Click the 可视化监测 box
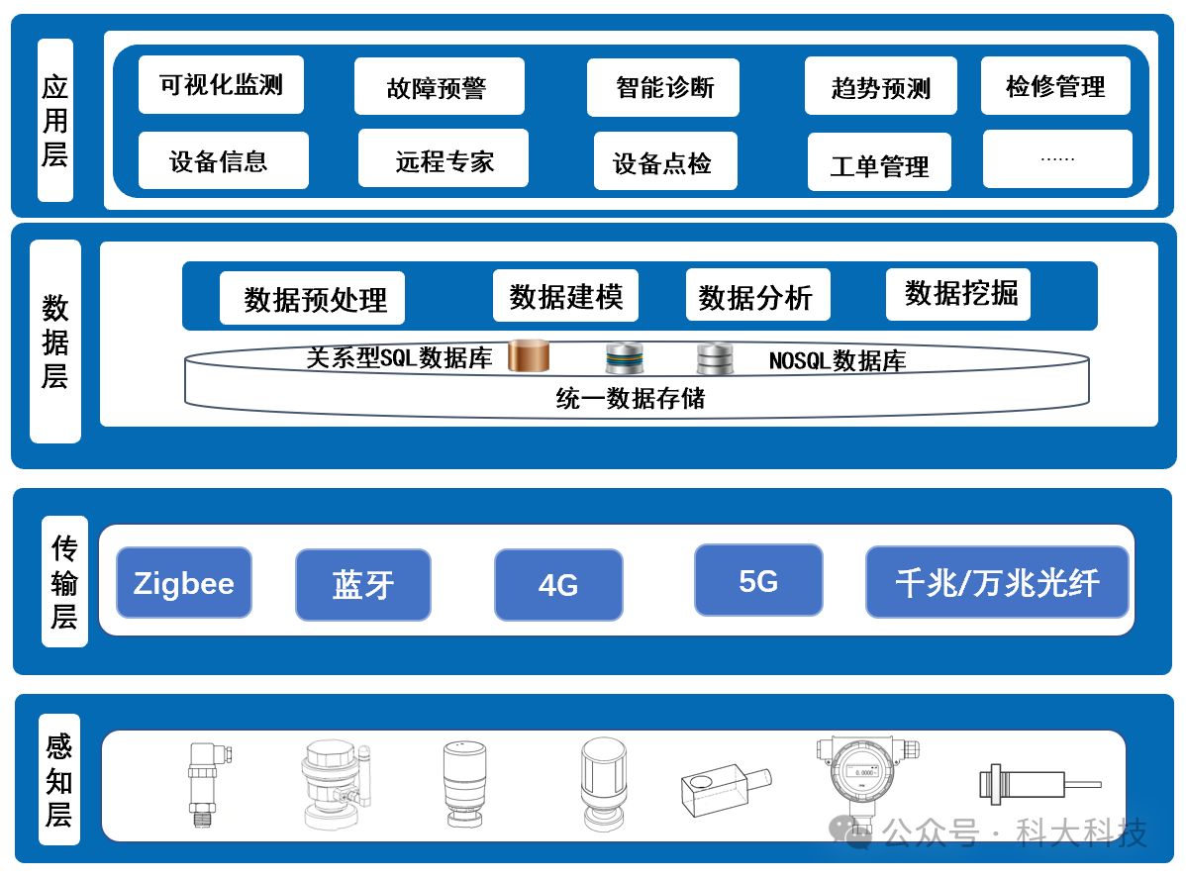point(221,85)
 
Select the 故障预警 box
point(440,86)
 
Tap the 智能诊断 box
point(663,88)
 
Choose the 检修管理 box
point(1056,86)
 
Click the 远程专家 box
point(444,158)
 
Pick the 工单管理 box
point(879,161)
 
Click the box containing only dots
point(1057,158)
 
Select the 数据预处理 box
point(313,298)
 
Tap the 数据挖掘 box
point(958,294)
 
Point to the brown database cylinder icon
point(529,355)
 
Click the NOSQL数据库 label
point(838,360)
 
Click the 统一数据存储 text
point(630,398)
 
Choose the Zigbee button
point(184,583)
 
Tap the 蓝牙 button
point(363,585)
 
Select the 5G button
point(758,580)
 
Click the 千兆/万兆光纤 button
point(997,582)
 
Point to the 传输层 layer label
point(64,581)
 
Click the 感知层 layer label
point(59,779)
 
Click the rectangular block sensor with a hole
point(726,790)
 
